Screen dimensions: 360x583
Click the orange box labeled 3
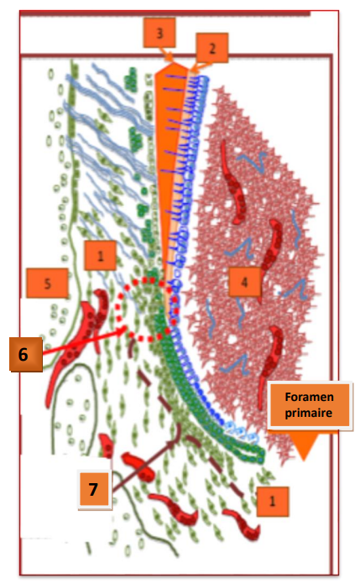[x=159, y=33]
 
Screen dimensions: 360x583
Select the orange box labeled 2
[x=212, y=48]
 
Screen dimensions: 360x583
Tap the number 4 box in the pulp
[x=244, y=282]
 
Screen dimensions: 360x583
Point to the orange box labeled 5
[x=47, y=283]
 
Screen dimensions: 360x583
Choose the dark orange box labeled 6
[x=26, y=354]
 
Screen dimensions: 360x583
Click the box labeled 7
[x=95, y=489]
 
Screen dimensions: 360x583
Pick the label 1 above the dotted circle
[x=100, y=256]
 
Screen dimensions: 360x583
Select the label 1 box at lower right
[x=272, y=501]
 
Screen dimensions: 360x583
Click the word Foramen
[x=309, y=397]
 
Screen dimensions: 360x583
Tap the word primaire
[x=309, y=413]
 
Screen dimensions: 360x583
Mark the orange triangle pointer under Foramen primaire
[x=304, y=445]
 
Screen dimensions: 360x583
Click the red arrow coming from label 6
[x=85, y=341]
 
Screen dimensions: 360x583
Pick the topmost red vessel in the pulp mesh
[x=233, y=182]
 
